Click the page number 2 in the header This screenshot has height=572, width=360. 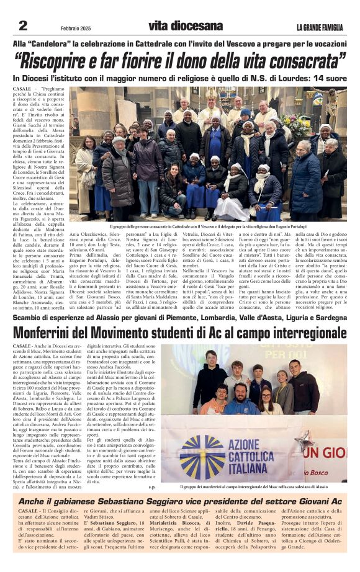[x=23, y=26]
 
